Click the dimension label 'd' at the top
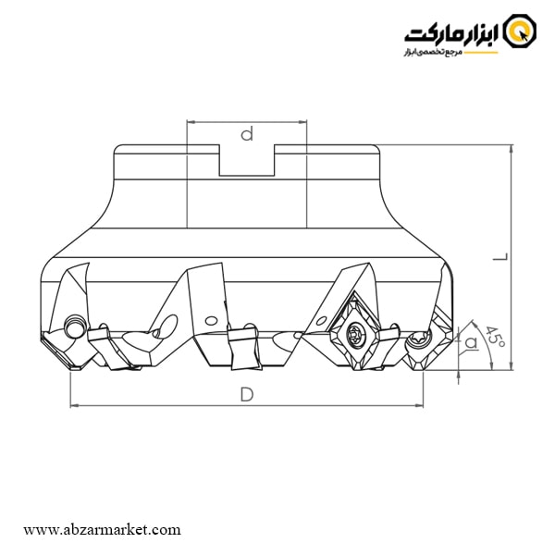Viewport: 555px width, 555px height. click(x=247, y=135)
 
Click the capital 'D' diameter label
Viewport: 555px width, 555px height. click(x=247, y=394)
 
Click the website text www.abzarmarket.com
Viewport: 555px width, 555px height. click(x=102, y=530)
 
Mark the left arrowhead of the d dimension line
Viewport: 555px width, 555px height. click(x=191, y=121)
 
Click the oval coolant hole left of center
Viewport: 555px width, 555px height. click(x=167, y=324)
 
